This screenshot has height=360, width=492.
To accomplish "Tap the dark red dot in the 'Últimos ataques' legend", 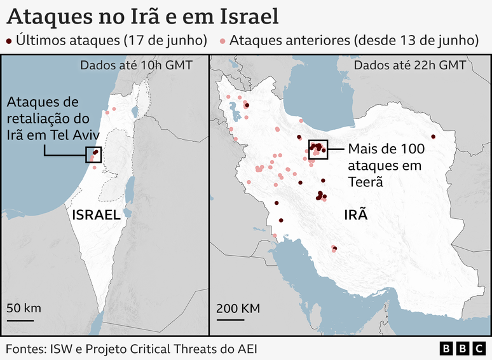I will (9, 41).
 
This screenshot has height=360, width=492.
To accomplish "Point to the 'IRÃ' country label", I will (356, 215).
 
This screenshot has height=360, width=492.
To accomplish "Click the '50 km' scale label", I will (24, 308).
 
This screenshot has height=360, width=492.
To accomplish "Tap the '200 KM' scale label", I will (238, 308).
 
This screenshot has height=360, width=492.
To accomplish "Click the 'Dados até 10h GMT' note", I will (136, 65).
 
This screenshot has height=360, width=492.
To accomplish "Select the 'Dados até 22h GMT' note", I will (409, 65).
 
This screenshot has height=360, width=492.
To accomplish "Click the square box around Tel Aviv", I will (93, 154).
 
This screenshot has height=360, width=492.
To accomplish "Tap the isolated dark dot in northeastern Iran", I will (434, 137).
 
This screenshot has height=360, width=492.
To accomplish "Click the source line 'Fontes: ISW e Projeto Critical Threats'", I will (132, 349).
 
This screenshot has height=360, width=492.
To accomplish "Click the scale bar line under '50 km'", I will (21, 320).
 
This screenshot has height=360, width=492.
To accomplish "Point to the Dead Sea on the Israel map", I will (130, 188).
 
